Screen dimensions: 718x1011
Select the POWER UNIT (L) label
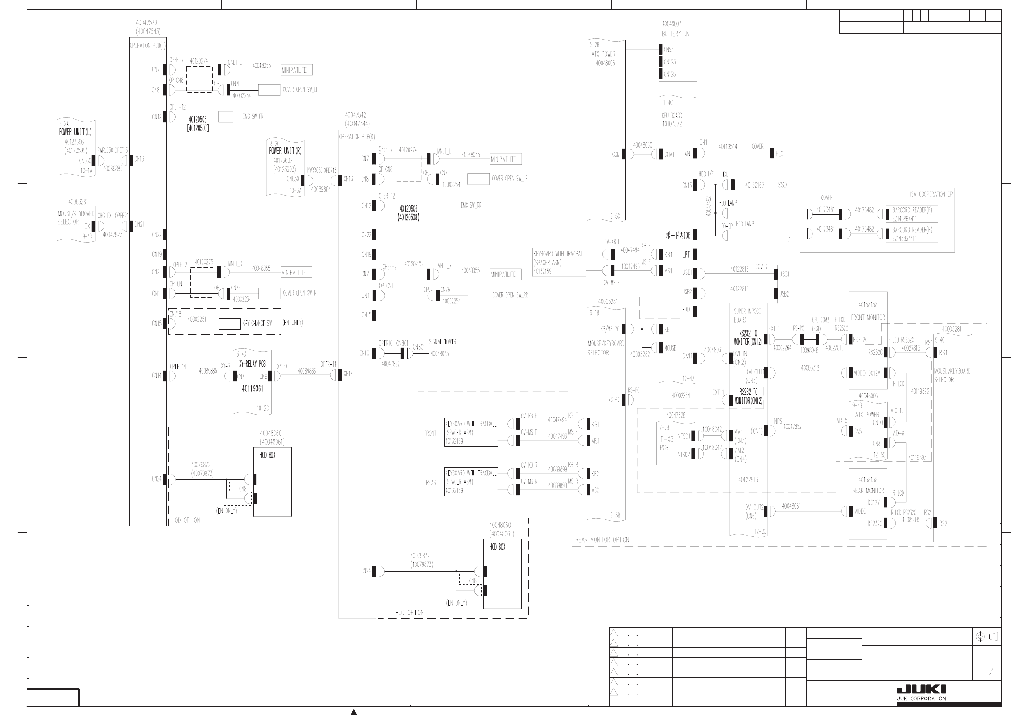pos(75,132)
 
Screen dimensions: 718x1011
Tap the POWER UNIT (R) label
pos(285,151)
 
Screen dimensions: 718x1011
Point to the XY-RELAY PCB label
pos(252,364)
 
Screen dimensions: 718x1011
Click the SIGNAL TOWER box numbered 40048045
pos(440,354)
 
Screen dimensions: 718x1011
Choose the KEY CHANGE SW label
pos(257,324)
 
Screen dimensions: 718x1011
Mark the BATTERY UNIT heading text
pos(677,34)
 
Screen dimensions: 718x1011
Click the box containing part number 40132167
pos(754,185)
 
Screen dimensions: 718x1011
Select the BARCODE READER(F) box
pos(912,214)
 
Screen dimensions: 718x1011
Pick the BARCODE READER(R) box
pos(912,233)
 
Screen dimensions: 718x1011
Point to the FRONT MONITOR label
pos(868,317)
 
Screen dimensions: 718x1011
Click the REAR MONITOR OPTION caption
pos(602,540)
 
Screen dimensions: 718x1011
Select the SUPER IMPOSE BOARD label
pos(747,315)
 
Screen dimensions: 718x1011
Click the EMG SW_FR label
pos(253,117)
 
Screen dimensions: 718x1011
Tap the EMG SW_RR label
pos(470,206)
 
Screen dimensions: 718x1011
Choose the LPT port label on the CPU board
pos(686,254)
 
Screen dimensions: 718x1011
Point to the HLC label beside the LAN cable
pos(779,154)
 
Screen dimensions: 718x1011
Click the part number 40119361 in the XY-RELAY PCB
pos(252,389)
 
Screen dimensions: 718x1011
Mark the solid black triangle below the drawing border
pos(353,712)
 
